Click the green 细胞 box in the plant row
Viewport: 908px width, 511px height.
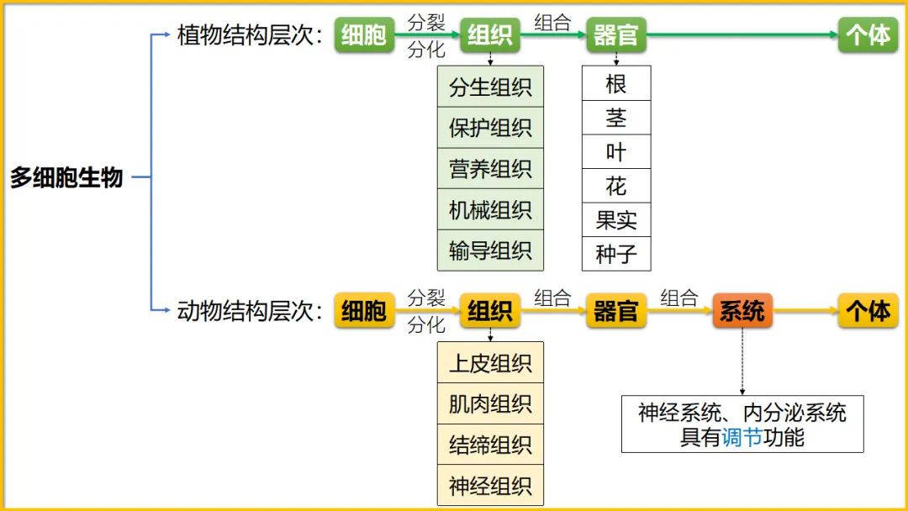coord(364,35)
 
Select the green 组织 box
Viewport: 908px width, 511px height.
coord(490,35)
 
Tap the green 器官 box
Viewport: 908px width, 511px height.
coord(616,35)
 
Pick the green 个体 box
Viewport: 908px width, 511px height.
coord(868,35)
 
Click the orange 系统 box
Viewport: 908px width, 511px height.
coord(742,311)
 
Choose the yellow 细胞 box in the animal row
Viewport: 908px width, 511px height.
coord(364,311)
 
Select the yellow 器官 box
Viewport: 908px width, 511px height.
coord(616,311)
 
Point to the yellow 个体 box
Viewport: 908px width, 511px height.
coord(868,311)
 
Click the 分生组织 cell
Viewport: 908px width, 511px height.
coord(490,87)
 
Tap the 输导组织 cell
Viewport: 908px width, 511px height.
coord(490,250)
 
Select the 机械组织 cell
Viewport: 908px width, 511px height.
coord(490,209)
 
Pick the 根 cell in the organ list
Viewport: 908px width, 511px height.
coord(616,83)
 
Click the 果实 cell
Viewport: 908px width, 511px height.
coord(616,220)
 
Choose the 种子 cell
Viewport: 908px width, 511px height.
coord(616,254)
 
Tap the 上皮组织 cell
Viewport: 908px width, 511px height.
coord(490,363)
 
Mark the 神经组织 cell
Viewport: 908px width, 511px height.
coord(490,486)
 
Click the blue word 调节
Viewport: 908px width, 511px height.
coord(742,437)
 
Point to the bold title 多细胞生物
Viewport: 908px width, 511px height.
coord(66,178)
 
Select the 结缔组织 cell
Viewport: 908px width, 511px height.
coord(490,445)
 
